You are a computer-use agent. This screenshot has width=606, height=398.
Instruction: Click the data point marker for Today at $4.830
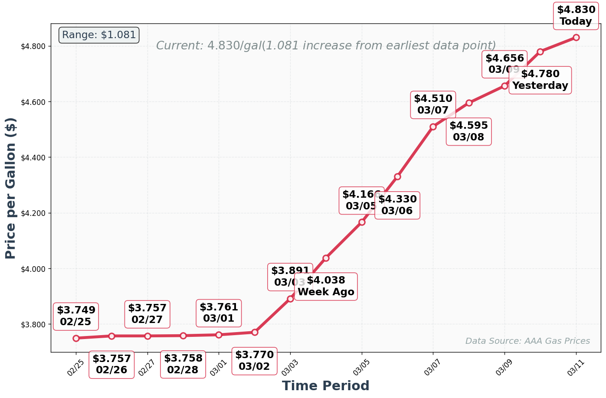[x=576, y=37]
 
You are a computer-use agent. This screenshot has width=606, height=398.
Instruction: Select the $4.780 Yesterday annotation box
[x=540, y=80]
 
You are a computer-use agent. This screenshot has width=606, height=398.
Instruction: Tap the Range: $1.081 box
[x=99, y=35]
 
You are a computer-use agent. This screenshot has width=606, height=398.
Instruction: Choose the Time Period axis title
[x=325, y=385]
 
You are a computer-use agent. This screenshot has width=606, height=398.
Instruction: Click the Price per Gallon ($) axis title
[x=10, y=188]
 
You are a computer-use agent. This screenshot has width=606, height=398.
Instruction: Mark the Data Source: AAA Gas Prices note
[x=527, y=341]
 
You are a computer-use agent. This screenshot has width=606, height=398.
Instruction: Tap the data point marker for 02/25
[x=76, y=338]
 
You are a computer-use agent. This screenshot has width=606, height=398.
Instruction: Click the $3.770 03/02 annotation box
[x=254, y=361]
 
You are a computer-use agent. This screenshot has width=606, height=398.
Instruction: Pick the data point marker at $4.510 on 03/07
[x=433, y=127]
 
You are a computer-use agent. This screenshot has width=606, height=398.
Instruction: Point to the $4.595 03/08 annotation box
[x=468, y=131]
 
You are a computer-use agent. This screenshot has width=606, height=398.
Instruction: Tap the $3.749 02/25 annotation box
[x=76, y=316]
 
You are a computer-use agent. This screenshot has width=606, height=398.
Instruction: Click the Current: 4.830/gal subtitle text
[x=326, y=46]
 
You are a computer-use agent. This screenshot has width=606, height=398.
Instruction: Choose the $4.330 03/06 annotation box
[x=397, y=205]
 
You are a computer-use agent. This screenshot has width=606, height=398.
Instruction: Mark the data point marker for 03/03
[x=290, y=299]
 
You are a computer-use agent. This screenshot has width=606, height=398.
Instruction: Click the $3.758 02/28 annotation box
[x=183, y=364]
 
